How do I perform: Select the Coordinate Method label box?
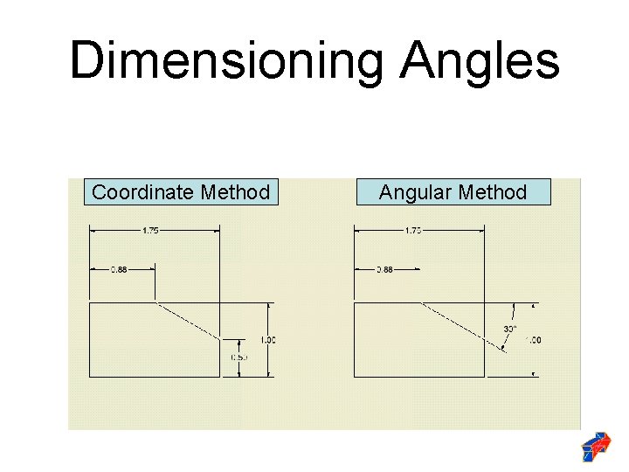(181, 191)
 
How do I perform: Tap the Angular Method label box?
(453, 191)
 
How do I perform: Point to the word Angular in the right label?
(411, 192)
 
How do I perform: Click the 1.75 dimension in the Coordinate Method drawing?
(150, 231)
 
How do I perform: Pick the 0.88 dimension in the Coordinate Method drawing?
(118, 270)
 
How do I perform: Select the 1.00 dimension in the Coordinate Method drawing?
(268, 339)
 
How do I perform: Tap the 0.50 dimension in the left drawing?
(238, 357)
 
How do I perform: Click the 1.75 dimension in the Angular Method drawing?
(413, 231)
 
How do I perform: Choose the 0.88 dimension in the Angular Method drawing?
(384, 270)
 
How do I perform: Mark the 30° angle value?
(510, 329)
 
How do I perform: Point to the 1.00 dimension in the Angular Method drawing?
(534, 339)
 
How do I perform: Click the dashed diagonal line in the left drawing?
(188, 321)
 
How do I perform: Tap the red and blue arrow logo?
(596, 446)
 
